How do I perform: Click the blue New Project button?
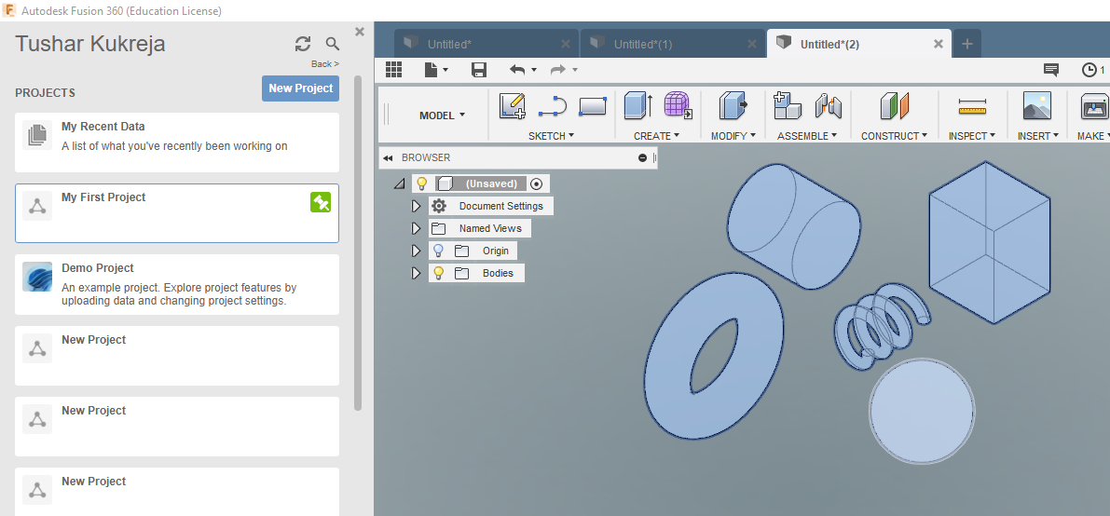coord(300,88)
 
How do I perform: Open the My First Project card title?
coord(103,197)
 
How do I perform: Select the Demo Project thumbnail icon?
coord(36,277)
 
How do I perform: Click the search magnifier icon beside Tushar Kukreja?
coord(333,44)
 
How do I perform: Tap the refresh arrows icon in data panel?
coord(303,44)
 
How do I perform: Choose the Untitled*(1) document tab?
coord(643,44)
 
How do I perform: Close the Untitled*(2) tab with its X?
coord(938,44)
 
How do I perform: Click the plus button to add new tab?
coord(967,44)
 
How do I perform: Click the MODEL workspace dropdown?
coord(442,115)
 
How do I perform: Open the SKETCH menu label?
coord(551,136)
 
